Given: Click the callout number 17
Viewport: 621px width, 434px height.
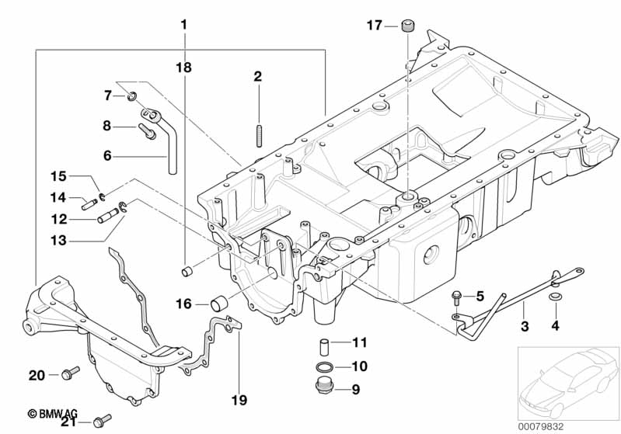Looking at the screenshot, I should [x=375, y=26].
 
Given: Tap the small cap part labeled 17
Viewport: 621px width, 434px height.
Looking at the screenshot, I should [x=406, y=28].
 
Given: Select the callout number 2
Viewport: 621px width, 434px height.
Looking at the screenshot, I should [x=257, y=76].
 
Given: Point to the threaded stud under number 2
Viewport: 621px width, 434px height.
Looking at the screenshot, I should [x=257, y=135].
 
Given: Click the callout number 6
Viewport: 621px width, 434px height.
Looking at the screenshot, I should [x=108, y=155].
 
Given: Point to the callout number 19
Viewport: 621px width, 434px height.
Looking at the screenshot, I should [x=239, y=401].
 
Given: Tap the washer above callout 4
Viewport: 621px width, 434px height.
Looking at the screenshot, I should [x=555, y=297].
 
